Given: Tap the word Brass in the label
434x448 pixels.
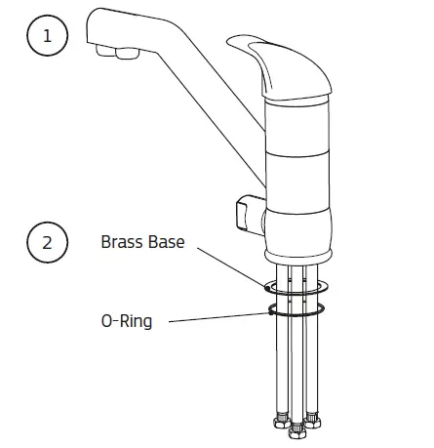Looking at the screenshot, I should pos(121,242).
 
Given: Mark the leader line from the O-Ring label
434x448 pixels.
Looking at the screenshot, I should pos(215,314).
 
